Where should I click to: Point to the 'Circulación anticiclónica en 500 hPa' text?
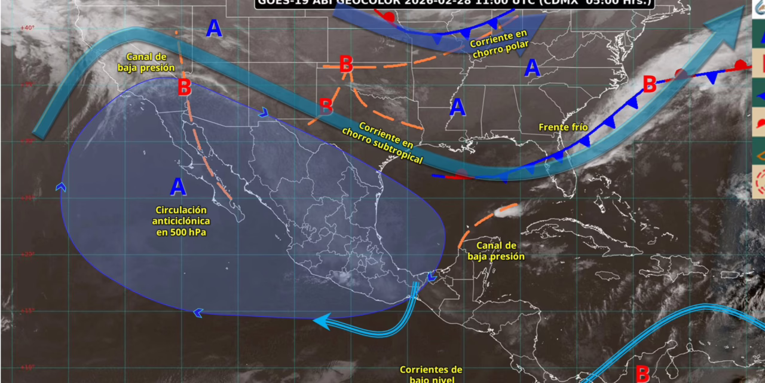181,221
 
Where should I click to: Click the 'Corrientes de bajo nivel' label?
431,375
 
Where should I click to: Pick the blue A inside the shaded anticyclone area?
178,187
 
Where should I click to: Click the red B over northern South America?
642,373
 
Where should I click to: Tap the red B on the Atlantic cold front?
650,84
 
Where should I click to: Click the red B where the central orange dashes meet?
345,64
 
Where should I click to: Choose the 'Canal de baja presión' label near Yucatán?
496,251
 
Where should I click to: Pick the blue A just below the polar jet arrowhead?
532,68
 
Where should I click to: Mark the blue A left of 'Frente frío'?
457,107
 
